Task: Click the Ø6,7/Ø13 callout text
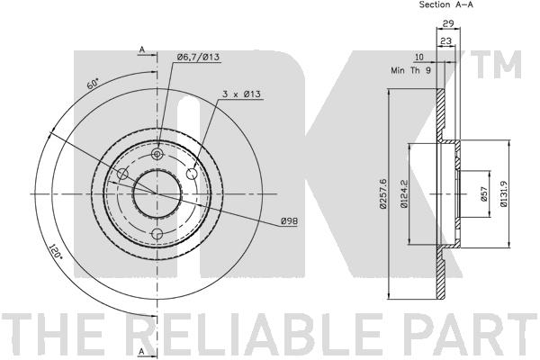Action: [x=198, y=58]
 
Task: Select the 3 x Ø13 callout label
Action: [x=241, y=94]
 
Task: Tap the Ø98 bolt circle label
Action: [x=289, y=221]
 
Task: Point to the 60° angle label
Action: [x=94, y=84]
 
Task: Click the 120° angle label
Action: [x=56, y=252]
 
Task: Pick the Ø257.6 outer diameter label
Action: [x=383, y=193]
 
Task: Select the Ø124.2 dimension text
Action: [x=404, y=194]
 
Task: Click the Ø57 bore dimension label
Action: [x=483, y=194]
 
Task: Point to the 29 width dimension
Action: [x=447, y=23]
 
